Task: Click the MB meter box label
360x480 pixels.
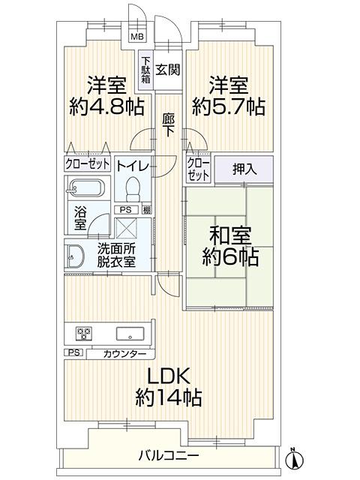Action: pos(137,37)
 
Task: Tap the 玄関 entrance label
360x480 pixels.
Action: pos(168,70)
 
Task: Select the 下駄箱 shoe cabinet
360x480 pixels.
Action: pos(146,70)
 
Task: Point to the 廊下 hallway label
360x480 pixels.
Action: pos(168,124)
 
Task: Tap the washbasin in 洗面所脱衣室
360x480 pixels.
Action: pos(75,257)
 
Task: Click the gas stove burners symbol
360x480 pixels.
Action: pos(83,334)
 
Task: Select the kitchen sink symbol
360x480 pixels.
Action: pos(130,334)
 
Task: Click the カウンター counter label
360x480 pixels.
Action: pos(124,355)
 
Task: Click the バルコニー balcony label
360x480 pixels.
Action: pos(169,456)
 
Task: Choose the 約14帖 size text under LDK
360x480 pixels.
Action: pos(169,397)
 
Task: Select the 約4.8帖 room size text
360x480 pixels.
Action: pos(106,106)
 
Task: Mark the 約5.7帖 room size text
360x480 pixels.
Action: pos(229,106)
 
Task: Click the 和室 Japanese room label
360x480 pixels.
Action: pos(230,235)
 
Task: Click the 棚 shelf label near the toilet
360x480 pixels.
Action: pos(147,210)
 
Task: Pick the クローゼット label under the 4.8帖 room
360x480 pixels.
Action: pos(87,163)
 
